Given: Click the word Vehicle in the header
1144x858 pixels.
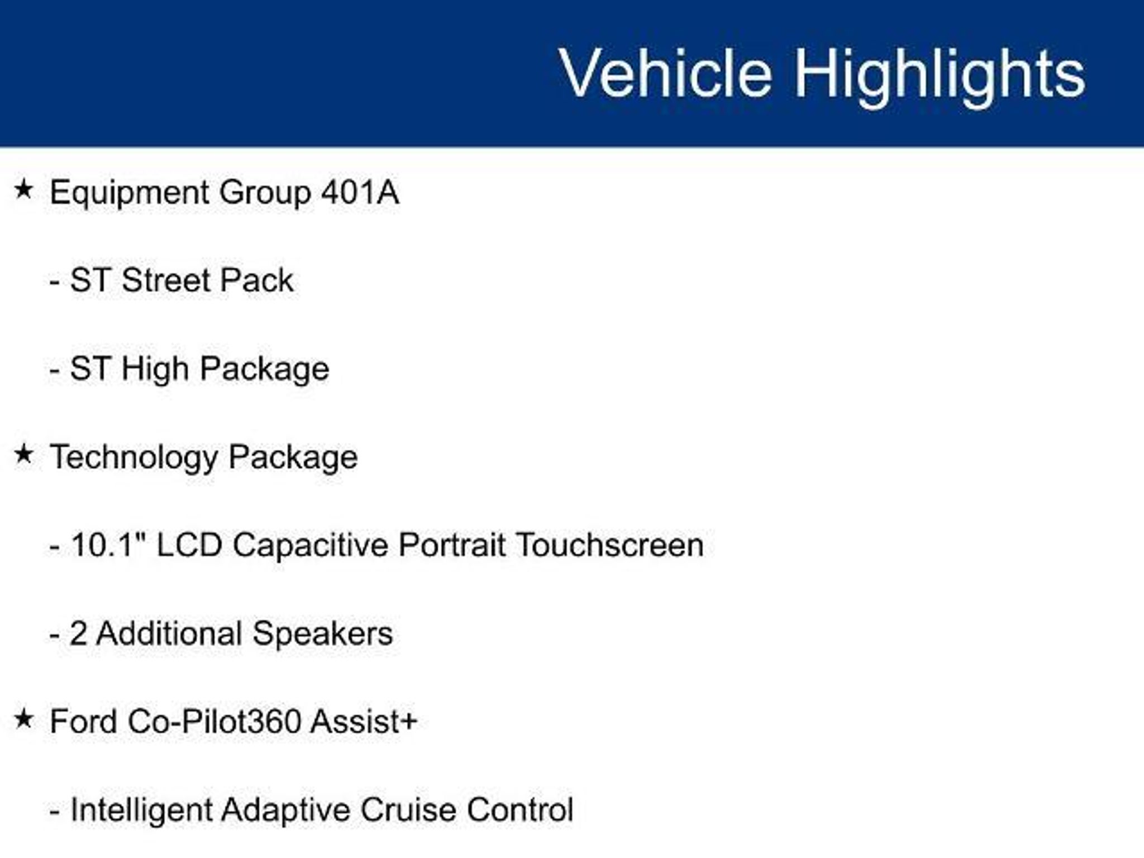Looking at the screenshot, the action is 666,73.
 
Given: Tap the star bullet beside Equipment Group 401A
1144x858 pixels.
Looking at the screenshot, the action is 24,189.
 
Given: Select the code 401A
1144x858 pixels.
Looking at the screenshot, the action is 360,192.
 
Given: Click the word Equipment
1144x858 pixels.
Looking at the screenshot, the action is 129,194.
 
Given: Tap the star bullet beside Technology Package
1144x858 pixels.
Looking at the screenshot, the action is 24,454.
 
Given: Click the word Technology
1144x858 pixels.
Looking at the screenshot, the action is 134,459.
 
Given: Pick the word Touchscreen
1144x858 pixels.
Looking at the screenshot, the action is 609,545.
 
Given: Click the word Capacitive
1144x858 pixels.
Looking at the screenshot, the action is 311,546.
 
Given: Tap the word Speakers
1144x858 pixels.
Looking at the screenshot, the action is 323,635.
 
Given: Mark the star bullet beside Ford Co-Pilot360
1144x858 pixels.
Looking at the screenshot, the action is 24,719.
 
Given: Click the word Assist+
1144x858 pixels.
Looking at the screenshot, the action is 364,721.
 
